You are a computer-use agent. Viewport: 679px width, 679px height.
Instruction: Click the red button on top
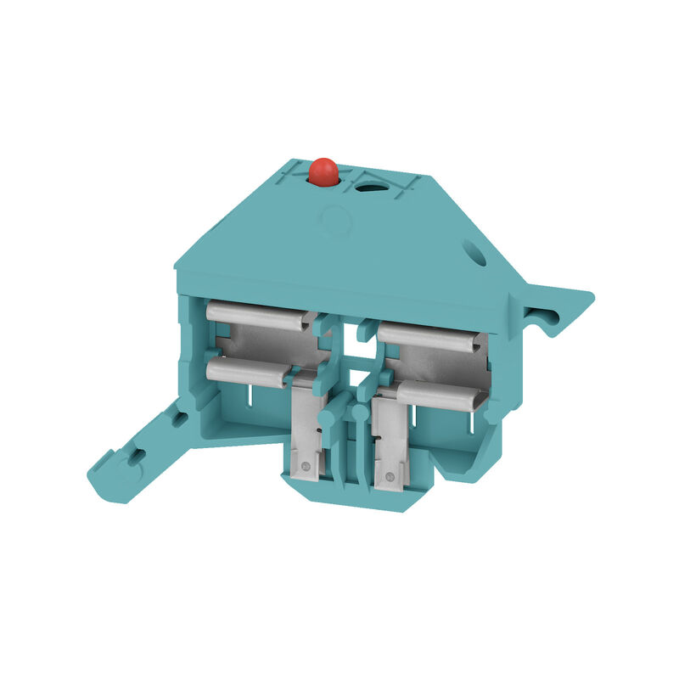(x=323, y=171)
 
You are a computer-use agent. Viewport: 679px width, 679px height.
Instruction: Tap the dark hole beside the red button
(x=368, y=185)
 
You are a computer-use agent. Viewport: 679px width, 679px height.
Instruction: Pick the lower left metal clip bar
(x=246, y=372)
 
